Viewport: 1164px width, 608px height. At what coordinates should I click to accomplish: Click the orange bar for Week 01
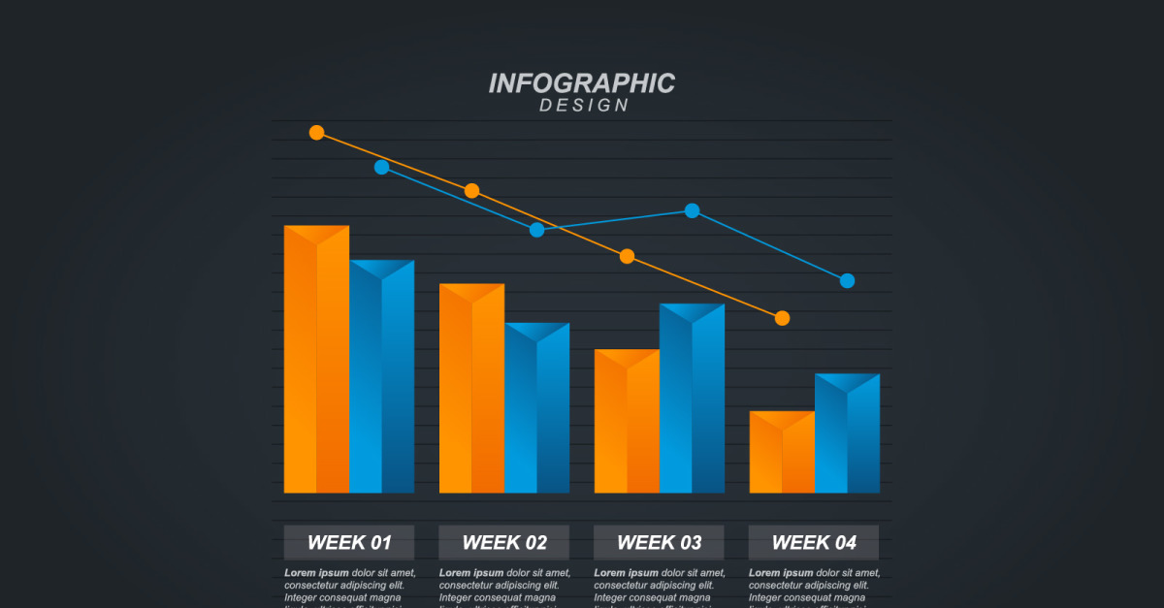(x=316, y=364)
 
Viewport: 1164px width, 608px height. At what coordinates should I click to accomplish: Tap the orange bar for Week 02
(x=471, y=392)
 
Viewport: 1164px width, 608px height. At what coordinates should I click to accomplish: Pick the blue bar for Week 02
(x=536, y=411)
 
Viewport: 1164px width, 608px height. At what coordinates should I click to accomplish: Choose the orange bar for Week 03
(x=627, y=425)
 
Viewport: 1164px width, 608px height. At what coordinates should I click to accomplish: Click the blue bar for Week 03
(x=692, y=401)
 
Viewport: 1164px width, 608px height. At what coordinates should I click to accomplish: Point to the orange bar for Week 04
(x=782, y=455)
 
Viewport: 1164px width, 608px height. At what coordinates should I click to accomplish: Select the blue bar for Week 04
(x=847, y=436)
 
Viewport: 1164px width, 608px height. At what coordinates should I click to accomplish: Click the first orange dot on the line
(x=316, y=132)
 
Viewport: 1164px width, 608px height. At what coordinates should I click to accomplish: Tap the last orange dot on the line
(x=782, y=318)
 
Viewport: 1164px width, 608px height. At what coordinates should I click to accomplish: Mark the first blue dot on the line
(x=381, y=167)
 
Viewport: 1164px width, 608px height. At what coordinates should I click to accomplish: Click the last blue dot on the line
(x=847, y=281)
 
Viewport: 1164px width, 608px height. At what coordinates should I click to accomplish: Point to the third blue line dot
(x=692, y=210)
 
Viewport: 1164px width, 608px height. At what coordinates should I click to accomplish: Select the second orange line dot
(x=471, y=191)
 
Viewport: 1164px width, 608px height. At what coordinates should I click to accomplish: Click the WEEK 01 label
(x=349, y=542)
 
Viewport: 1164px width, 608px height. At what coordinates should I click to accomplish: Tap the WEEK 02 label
(x=503, y=542)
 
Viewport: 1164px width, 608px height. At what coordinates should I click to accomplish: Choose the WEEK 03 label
(x=659, y=542)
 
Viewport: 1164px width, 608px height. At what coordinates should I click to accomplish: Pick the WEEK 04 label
(x=814, y=542)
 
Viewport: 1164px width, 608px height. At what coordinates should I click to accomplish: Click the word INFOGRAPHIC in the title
(x=581, y=83)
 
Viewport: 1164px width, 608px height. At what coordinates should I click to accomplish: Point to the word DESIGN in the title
(x=584, y=105)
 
